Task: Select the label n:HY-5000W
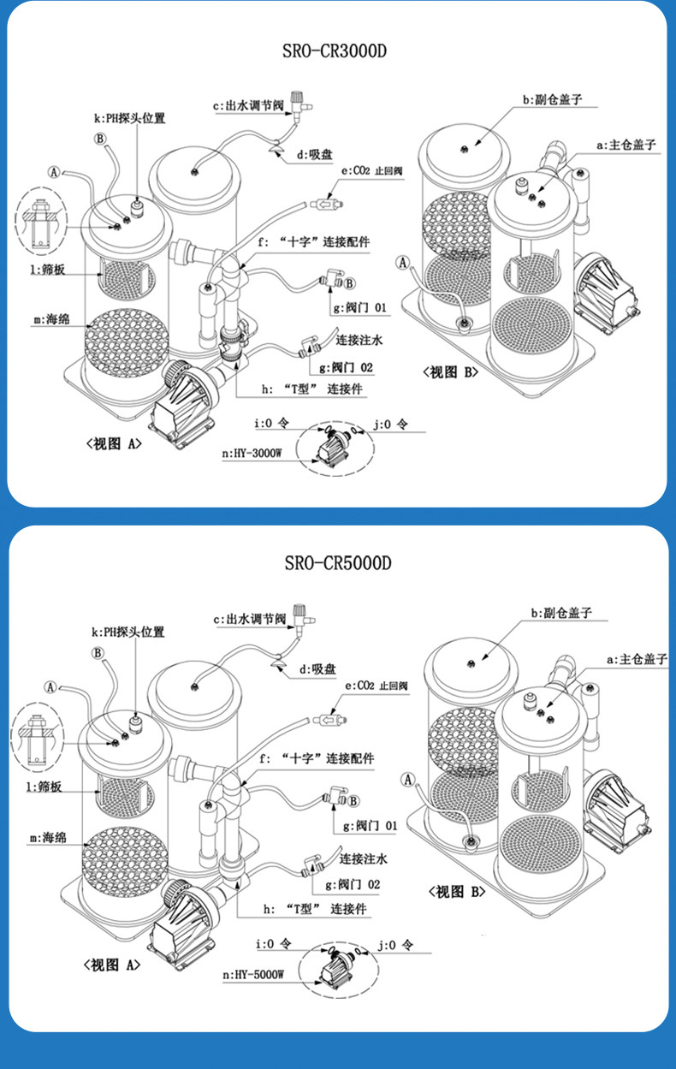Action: click(254, 973)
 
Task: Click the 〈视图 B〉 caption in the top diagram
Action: click(448, 371)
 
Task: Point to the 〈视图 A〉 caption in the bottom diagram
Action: click(112, 965)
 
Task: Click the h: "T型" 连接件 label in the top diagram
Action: click(312, 389)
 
